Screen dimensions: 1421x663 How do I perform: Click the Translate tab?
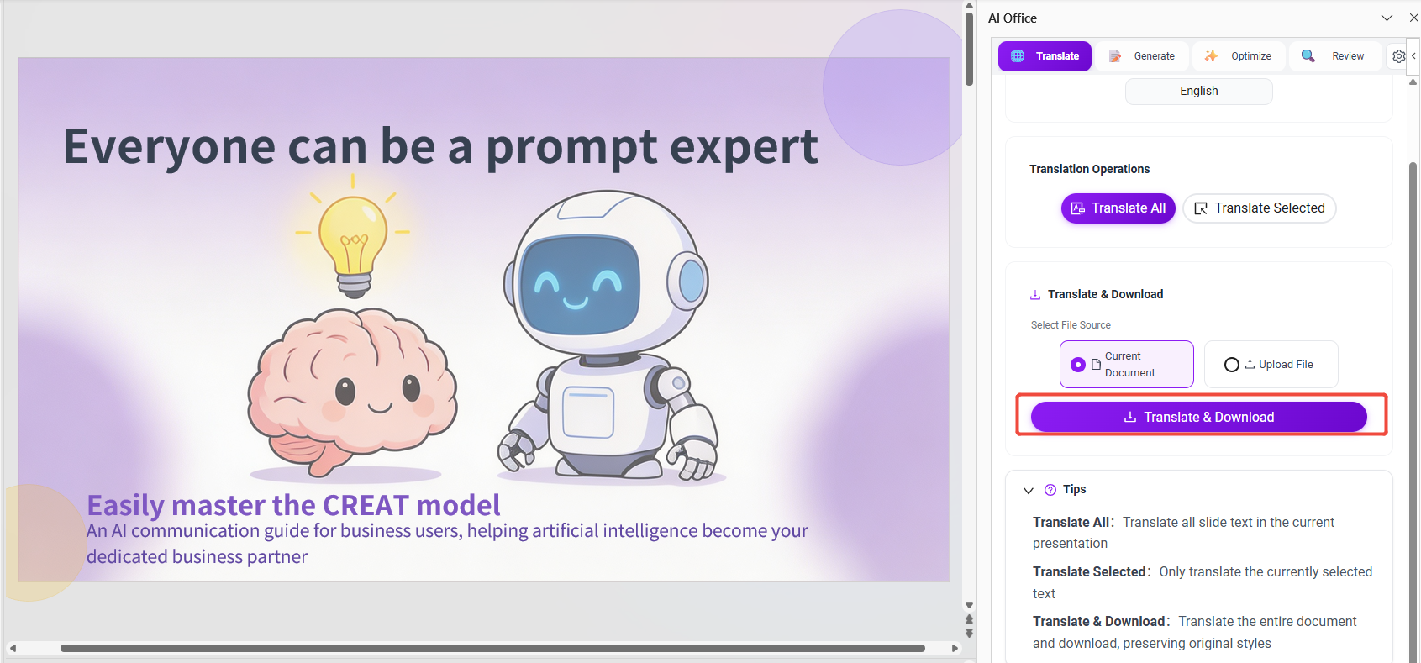pos(1045,55)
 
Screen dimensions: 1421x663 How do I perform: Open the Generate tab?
pos(1142,55)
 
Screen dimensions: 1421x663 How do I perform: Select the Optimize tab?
pos(1239,55)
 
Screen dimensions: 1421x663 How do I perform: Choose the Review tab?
pos(1335,55)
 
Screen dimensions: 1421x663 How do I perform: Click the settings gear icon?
pos(1399,56)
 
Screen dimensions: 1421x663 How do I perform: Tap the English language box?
pos(1198,91)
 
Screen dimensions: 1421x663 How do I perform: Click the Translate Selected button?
pos(1259,208)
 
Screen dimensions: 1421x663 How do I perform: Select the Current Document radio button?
pos(1078,364)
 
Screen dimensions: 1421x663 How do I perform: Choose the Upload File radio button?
pos(1231,364)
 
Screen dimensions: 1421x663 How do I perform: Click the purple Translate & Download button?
pos(1198,417)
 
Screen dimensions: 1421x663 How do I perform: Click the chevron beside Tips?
pos(1029,491)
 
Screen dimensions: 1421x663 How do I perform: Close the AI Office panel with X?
pos(1414,18)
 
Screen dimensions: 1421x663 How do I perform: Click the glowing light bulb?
pos(353,242)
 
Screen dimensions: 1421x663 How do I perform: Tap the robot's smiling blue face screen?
pos(579,283)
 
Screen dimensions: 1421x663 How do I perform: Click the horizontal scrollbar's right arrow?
pos(955,649)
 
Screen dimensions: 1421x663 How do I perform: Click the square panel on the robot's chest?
pos(588,413)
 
